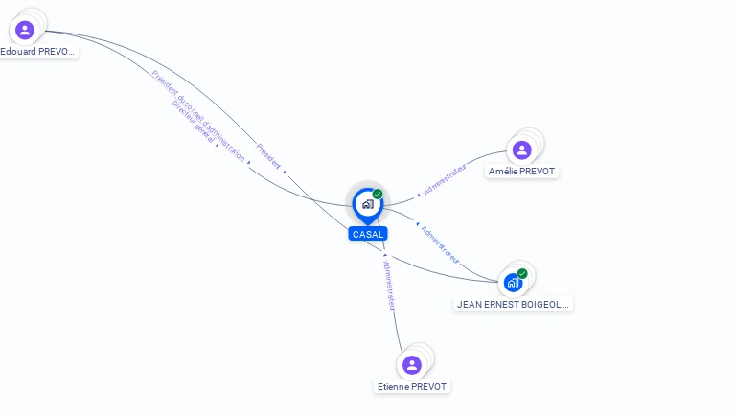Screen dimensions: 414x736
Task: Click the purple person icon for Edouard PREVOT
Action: [25, 30]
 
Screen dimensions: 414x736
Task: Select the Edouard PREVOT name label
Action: [38, 52]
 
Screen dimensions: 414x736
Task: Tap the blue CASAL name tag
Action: [368, 234]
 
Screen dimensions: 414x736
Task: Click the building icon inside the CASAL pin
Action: [367, 204]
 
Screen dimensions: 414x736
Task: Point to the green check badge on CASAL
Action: [378, 195]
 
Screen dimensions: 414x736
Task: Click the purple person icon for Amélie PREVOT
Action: [521, 149]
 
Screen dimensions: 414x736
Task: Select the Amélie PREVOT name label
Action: [521, 172]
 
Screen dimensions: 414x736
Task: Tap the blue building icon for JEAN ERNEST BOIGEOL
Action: [513, 283]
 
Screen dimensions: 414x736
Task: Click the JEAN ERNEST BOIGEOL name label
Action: [513, 305]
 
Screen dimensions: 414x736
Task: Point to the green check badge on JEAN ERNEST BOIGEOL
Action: [522, 273]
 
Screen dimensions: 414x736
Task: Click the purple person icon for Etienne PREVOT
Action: [412, 364]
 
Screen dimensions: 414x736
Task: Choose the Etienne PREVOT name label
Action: [412, 387]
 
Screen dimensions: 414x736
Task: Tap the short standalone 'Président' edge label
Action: [268, 156]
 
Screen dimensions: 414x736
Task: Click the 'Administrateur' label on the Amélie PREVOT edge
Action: [445, 179]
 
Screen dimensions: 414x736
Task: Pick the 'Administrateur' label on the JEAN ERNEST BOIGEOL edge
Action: [440, 244]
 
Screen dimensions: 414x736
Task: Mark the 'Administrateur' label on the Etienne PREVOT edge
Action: [389, 285]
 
